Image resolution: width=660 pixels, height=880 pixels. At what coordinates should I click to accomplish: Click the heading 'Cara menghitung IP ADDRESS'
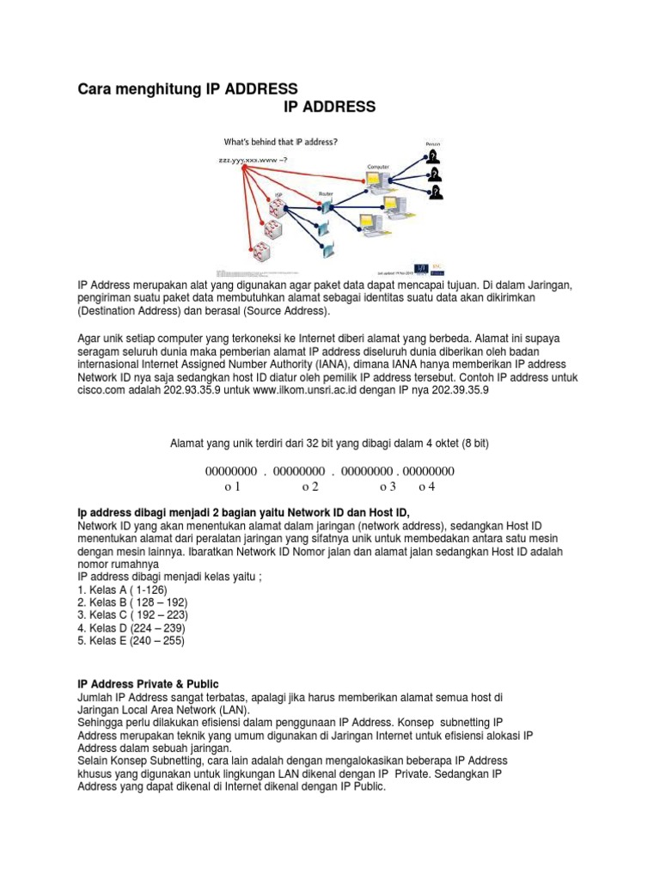click(x=187, y=89)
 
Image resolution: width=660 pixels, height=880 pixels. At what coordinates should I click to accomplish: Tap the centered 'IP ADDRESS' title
click(x=329, y=107)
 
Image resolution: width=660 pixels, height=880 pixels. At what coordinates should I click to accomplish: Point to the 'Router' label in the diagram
click(x=326, y=193)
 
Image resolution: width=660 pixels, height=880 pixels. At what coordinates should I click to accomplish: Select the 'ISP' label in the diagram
click(x=278, y=195)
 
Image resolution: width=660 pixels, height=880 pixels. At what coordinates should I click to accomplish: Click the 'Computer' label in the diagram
click(x=379, y=165)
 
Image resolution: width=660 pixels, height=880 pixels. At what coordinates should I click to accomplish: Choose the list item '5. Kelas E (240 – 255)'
click(x=131, y=640)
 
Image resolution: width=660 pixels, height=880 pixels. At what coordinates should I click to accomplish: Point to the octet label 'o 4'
click(x=427, y=486)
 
